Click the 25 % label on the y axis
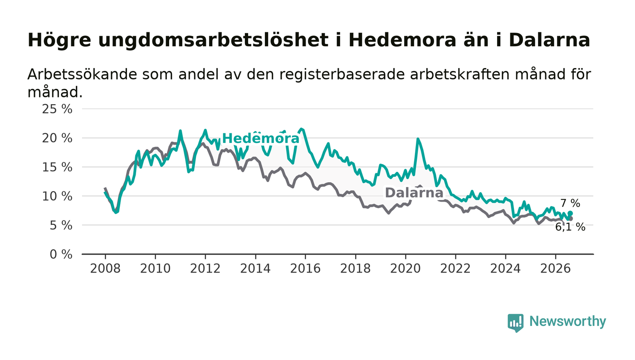click(x=57, y=109)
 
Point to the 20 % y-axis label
click(x=57, y=138)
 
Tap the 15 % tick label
click(x=57, y=167)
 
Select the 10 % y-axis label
click(x=57, y=196)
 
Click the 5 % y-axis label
click(x=61, y=226)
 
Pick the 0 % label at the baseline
click(x=61, y=254)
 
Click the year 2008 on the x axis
click(x=105, y=269)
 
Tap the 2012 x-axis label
click(x=205, y=269)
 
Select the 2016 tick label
click(x=305, y=269)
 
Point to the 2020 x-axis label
click(x=405, y=269)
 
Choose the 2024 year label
click(x=505, y=269)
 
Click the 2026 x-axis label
click(x=555, y=269)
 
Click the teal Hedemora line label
click(x=261, y=139)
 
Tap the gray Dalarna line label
click(x=414, y=193)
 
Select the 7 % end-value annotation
click(x=571, y=203)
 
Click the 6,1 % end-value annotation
click(x=570, y=227)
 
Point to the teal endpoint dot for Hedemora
click(x=571, y=213)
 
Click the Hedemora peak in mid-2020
click(x=418, y=139)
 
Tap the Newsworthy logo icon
click(x=515, y=323)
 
